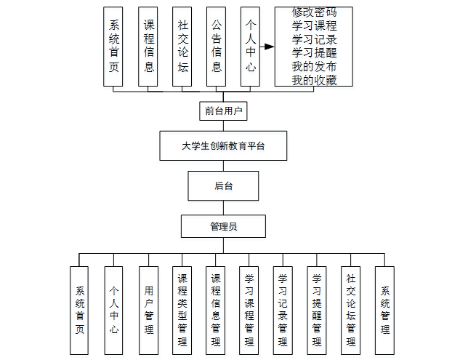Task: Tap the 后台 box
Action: click(223, 186)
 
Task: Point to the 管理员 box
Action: click(223, 226)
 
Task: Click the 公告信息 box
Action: click(217, 47)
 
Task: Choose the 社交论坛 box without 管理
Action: click(182, 47)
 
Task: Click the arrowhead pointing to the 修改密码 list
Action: click(270, 47)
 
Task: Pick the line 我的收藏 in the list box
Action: click(314, 79)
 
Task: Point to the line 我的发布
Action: click(314, 66)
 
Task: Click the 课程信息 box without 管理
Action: click(149, 47)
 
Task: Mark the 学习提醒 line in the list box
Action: click(314, 53)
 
